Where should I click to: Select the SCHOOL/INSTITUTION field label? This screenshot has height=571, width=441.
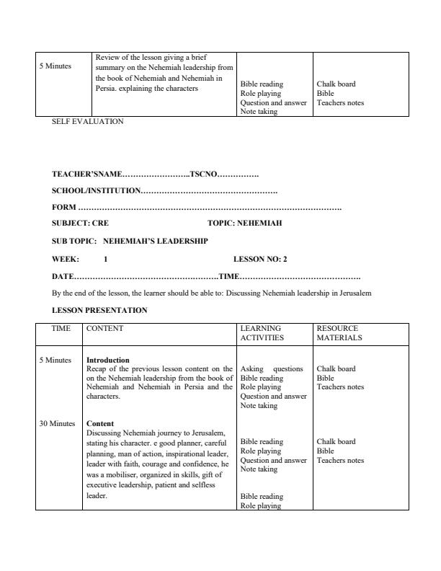tap(96, 191)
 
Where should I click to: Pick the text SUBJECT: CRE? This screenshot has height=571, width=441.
tap(80, 223)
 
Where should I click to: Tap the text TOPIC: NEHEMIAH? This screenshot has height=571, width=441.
tap(244, 223)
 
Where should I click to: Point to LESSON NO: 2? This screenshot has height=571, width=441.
tap(260, 259)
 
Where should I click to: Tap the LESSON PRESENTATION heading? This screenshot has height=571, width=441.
tap(99, 311)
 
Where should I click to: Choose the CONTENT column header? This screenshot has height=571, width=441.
tap(104, 329)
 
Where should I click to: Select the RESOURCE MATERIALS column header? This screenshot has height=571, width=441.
tap(339, 333)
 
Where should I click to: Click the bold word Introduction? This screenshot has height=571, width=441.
tap(107, 360)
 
